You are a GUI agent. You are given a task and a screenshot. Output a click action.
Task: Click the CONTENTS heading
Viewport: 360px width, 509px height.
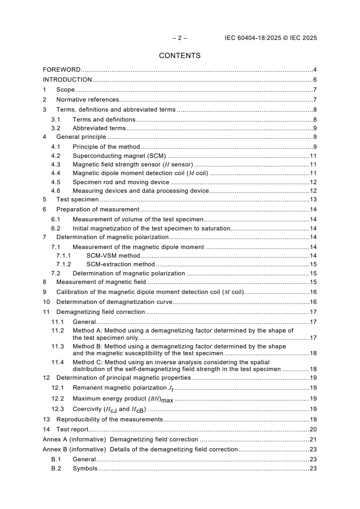click(180, 56)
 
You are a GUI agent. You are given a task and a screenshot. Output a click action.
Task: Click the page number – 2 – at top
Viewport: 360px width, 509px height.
click(180, 38)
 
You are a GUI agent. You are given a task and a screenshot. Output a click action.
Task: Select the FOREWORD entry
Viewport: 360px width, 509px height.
click(62, 70)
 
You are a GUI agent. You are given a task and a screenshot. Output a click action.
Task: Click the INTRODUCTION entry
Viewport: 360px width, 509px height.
click(67, 80)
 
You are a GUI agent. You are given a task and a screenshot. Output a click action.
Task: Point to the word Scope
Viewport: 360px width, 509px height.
click(65, 90)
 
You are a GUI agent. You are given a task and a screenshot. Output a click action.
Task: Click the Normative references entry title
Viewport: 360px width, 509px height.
click(88, 100)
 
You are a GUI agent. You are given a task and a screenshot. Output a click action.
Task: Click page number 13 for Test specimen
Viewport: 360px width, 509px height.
click(313, 199)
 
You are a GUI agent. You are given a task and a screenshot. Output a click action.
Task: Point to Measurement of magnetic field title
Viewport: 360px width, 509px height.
click(101, 282)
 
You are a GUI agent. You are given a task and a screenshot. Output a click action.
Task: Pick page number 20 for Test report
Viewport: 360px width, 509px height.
click(313, 429)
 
